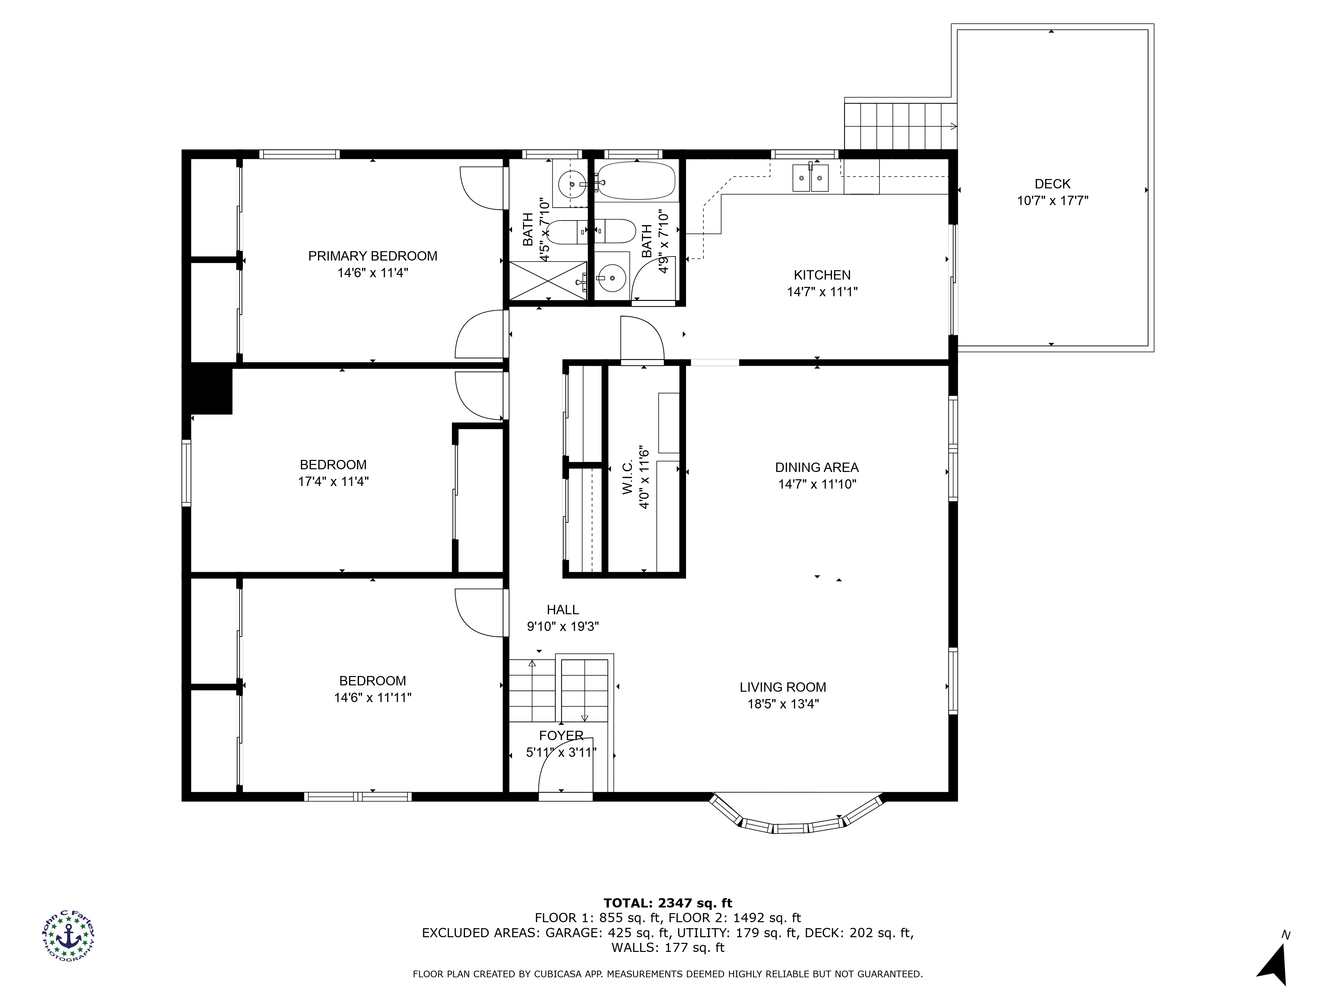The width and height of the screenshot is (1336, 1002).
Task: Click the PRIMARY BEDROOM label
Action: (373, 256)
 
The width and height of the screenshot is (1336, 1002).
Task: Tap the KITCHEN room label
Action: (822, 276)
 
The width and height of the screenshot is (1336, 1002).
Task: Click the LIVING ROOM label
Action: (783, 687)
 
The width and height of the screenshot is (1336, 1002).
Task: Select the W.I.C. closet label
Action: (628, 477)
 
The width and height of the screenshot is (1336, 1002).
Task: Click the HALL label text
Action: (562, 610)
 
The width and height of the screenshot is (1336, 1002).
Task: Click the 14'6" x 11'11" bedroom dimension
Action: (373, 698)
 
